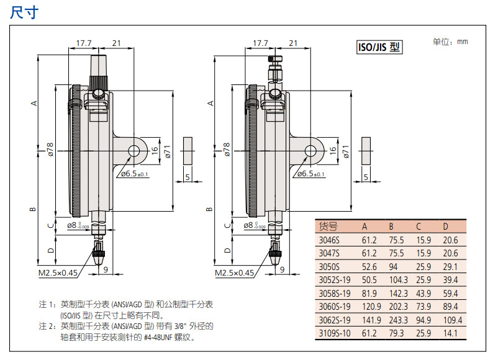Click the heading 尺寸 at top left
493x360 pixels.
(25, 13)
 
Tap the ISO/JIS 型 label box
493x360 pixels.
(379, 47)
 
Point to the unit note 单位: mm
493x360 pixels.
(450, 42)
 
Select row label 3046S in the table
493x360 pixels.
(328, 240)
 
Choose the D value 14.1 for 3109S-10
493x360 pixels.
(451, 334)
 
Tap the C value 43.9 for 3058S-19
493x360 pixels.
(424, 294)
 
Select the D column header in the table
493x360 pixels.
(445, 226)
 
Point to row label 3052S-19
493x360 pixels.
(334, 280)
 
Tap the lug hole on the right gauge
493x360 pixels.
(310, 151)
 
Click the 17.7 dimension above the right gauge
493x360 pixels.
(261, 43)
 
